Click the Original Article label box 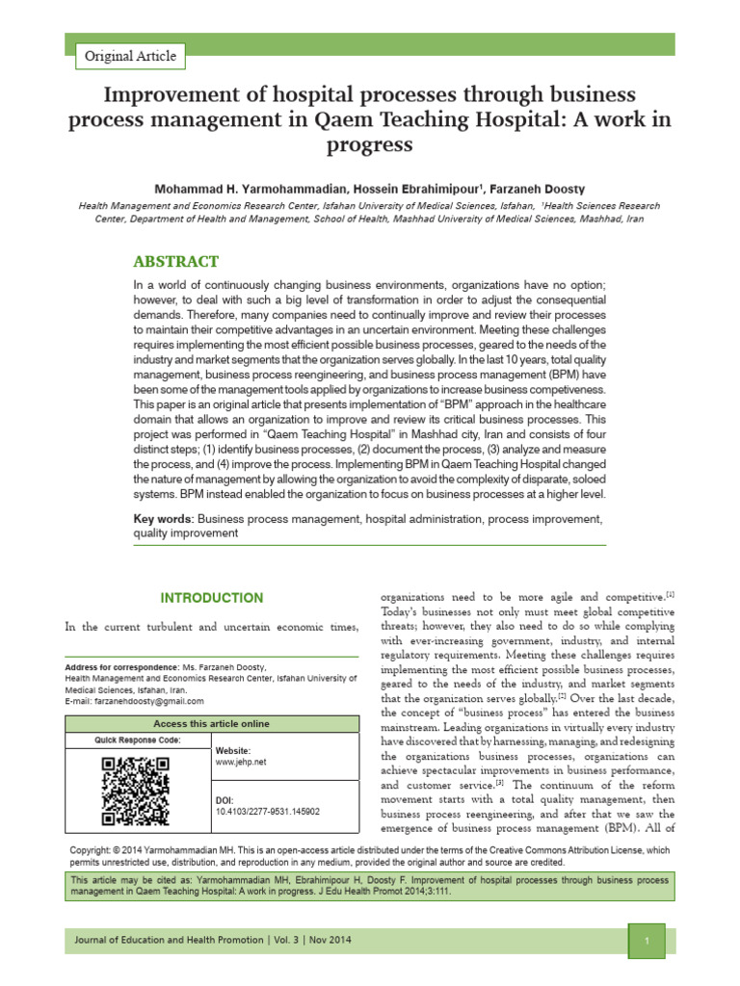(130, 56)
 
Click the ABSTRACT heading (175, 262)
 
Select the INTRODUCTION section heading (211, 598)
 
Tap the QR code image (136, 791)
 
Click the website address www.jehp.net (239, 762)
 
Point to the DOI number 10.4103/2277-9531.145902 (267, 812)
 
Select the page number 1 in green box (648, 940)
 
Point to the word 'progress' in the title (370, 144)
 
